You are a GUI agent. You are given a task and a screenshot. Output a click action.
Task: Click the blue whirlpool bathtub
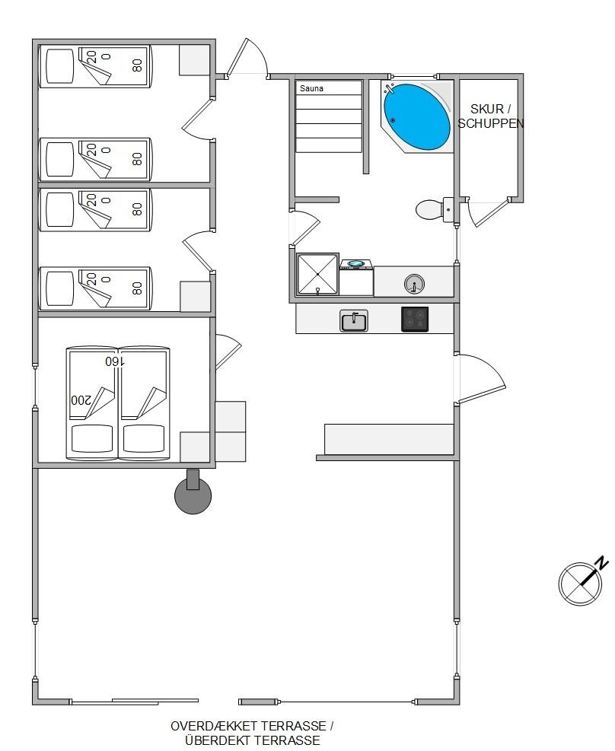click(x=416, y=117)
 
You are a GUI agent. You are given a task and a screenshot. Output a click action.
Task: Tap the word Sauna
click(x=311, y=88)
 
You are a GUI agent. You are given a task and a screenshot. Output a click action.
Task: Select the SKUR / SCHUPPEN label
click(x=490, y=116)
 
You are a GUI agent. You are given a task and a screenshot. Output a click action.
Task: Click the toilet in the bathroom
click(x=435, y=209)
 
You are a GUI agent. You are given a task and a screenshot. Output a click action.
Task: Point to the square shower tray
click(x=318, y=274)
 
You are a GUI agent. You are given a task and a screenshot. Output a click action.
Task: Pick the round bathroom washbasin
click(x=414, y=284)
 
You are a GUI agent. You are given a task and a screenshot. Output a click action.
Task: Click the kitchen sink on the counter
click(x=354, y=320)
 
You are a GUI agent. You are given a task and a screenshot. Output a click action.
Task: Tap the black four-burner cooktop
click(x=415, y=320)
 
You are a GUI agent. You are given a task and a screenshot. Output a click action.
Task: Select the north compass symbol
click(x=580, y=583)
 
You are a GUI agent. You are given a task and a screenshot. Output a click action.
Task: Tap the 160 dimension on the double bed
click(x=115, y=361)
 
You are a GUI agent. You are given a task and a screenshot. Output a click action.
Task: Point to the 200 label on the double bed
click(x=81, y=400)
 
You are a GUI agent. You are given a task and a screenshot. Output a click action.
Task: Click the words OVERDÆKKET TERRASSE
click(x=249, y=726)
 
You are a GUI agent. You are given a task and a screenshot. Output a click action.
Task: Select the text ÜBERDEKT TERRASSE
click(x=253, y=740)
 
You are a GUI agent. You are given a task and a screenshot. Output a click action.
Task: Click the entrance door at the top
click(x=247, y=58)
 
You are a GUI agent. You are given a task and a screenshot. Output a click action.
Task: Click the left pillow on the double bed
click(x=92, y=438)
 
